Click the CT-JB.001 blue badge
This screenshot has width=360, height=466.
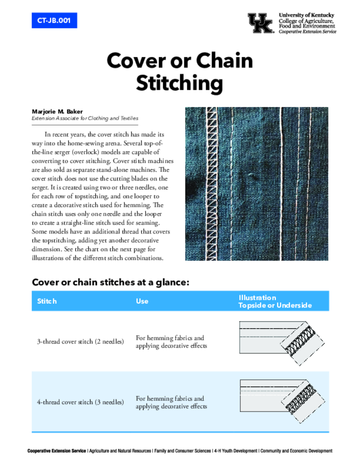coord(54,20)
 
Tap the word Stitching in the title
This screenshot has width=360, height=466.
coord(180,84)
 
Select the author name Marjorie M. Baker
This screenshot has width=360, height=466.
coord(57,111)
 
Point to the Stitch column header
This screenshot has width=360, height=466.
coord(47,301)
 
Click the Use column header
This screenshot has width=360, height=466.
coord(142,301)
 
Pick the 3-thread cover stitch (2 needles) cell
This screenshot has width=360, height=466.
coord(80,342)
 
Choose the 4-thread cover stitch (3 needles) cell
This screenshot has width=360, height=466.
coord(80,402)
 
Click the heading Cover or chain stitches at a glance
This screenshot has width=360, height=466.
coord(110,282)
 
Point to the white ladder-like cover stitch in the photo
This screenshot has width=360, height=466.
coord(211,182)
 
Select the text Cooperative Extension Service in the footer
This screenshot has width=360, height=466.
coord(56,451)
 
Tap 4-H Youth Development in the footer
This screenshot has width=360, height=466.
coord(235,451)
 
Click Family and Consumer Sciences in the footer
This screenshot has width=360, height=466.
coord(183,451)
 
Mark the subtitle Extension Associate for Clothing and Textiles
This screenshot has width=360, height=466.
coord(85,118)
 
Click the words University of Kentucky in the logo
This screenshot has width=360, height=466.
coord(306,15)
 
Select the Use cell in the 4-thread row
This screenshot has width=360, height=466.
coord(171,402)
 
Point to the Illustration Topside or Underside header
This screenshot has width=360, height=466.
coord(275,301)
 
